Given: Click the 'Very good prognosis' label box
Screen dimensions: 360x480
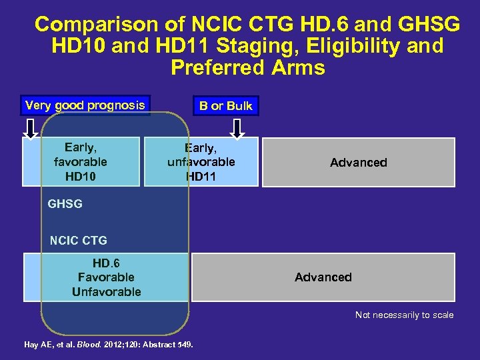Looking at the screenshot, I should (85, 105).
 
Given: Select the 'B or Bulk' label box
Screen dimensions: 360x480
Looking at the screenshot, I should (226, 106).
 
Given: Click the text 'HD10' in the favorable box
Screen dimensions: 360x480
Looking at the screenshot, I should (80, 176).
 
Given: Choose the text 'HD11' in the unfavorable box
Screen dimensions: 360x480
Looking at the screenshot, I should (201, 176).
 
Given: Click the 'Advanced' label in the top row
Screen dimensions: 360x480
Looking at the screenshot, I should (358, 163).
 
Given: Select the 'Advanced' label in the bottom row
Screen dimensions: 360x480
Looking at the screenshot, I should (323, 277).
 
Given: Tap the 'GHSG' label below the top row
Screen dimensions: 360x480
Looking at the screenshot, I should (65, 204).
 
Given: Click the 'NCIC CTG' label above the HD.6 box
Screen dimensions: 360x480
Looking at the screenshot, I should (79, 240).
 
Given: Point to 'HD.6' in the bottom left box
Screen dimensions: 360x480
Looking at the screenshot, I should (106, 263).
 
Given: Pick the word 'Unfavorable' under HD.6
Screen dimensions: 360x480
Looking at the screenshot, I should (106, 292).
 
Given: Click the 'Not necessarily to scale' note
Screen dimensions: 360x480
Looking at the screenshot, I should (404, 315).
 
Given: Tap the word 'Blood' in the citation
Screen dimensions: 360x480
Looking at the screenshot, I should (89, 345).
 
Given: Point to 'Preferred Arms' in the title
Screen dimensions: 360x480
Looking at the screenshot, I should (247, 67).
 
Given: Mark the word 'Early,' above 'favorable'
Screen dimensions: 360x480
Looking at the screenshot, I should (80, 147).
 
